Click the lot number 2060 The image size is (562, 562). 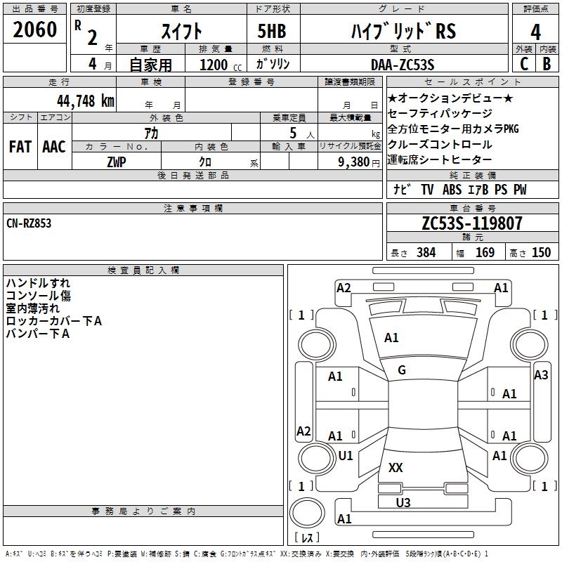pos(34,30)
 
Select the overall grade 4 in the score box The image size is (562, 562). pos(535,32)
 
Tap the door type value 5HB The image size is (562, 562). pos(272,31)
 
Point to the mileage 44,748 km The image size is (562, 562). pos(85,101)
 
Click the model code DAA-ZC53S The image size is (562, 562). pos(403,65)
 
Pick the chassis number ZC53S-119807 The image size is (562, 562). pos(472,223)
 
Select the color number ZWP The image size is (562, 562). pos(117,162)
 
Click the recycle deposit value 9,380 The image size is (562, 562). pos(354,162)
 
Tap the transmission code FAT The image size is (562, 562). pos(20,147)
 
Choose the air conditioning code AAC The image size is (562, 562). pos(54,147)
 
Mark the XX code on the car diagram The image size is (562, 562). pos(396,467)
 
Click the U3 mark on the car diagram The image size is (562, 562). pos(403,502)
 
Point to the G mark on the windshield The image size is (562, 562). pos(402,370)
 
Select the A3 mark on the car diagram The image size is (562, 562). pos(541,375)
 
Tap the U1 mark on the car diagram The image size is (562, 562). pos(346,455)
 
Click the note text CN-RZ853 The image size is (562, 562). pos(29,223)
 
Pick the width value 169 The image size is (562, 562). pos(485,252)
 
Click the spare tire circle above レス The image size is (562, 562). pos(307,513)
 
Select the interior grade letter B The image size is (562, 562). pos(547,64)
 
